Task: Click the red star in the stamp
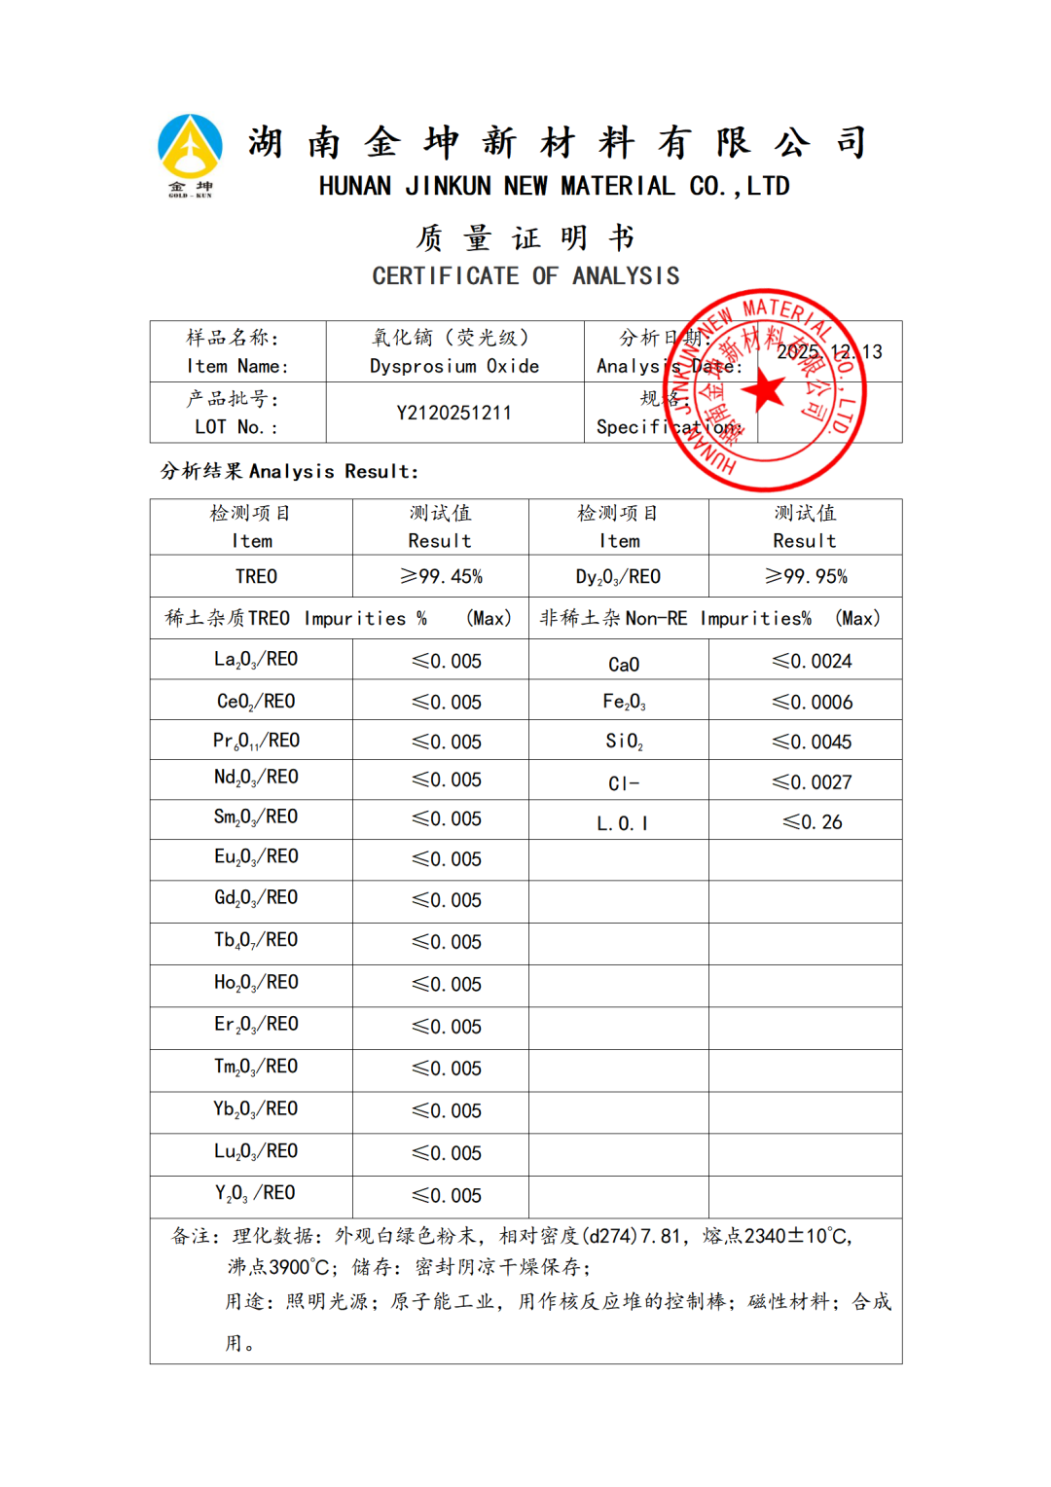[765, 391]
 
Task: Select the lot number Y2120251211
[453, 413]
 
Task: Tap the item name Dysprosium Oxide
[453, 366]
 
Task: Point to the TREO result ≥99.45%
[441, 576]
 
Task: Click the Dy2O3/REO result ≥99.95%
[806, 576]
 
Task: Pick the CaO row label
[624, 664]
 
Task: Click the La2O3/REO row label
[256, 660]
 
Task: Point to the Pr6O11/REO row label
[256, 741]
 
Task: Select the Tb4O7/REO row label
[256, 940]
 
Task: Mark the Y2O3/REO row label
[256, 1193]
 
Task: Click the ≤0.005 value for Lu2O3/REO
[446, 1153]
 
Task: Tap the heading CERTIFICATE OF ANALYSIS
[525, 276]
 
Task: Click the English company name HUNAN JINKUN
[554, 186]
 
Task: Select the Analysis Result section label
[289, 471]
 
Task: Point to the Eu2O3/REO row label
[256, 856]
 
